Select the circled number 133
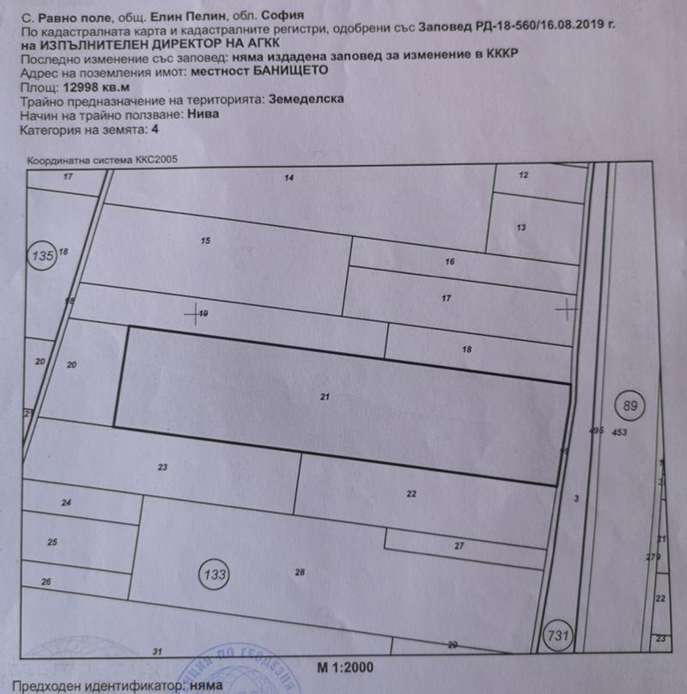coord(216,572)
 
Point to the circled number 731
coord(558,636)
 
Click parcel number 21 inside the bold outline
coord(325,397)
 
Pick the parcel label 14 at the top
coord(289,178)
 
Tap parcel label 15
coord(204,240)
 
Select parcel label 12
coord(524,174)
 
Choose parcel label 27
coord(459,546)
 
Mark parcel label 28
coord(300,572)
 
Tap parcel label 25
coord(52,542)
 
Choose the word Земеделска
coord(306,100)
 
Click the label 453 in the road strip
coord(620,433)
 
